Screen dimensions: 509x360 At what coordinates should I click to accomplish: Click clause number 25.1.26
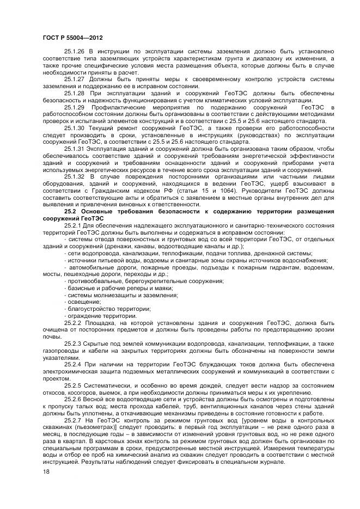click(x=75, y=51)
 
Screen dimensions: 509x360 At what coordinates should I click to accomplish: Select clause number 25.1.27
click(x=75, y=78)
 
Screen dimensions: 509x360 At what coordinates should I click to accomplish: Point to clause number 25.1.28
click(x=75, y=93)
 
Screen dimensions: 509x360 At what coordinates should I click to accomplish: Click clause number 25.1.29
click(x=75, y=107)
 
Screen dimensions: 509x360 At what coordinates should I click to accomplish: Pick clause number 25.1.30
click(x=75, y=127)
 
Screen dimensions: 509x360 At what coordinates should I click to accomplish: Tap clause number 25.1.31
click(x=75, y=149)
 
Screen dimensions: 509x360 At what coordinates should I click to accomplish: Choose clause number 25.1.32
click(x=75, y=176)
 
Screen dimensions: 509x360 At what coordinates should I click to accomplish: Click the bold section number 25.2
click(x=70, y=211)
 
